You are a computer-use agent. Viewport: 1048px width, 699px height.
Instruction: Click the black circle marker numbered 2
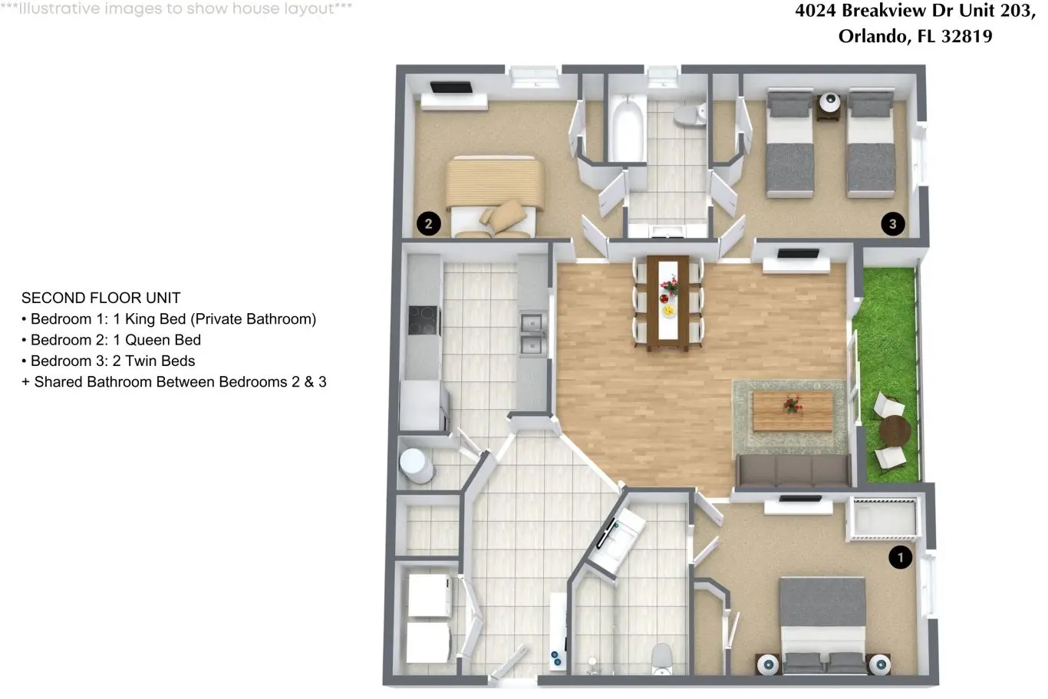429,223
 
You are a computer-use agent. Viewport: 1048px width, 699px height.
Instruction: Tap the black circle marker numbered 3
893,223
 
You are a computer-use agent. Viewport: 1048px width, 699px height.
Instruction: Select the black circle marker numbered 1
900,557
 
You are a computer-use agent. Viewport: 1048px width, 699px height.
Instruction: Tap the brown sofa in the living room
793,470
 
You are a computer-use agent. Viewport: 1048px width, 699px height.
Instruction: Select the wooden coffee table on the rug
793,410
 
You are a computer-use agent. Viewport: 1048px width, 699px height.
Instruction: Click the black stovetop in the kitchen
424,320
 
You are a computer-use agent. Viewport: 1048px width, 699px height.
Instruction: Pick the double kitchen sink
533,334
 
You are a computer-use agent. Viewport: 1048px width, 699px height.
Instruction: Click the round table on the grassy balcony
895,431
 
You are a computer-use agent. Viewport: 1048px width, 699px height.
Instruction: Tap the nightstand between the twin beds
829,107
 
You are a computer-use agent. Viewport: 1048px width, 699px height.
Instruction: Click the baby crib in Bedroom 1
882,519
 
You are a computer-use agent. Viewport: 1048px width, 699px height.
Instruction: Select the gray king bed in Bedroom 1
823,626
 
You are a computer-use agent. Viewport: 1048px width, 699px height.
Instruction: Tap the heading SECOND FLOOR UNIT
101,298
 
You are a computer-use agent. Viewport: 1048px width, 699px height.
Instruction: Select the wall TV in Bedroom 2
450,87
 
